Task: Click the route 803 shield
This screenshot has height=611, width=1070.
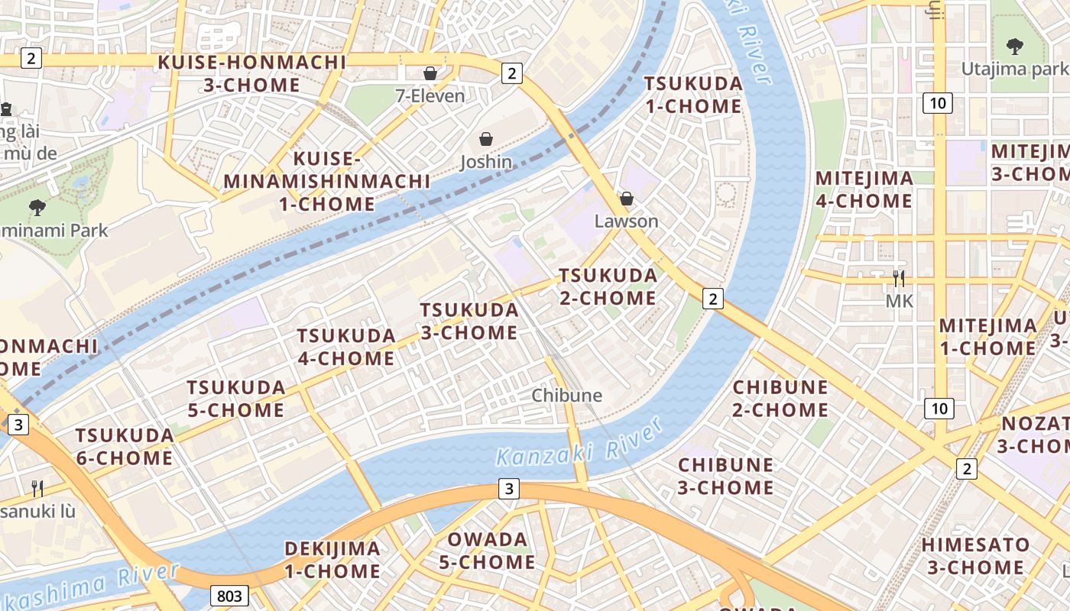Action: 229,596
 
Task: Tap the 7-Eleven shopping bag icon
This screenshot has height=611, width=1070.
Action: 430,73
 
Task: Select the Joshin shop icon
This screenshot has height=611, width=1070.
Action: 485,139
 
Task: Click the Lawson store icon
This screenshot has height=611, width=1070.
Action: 627,199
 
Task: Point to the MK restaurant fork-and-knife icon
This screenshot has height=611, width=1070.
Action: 899,278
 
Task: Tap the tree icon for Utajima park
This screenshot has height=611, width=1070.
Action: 1015,47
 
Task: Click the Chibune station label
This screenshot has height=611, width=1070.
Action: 566,396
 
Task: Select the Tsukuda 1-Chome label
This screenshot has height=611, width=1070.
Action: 693,95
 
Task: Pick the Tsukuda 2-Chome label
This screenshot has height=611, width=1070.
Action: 608,286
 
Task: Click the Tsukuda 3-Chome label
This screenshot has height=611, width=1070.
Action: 469,322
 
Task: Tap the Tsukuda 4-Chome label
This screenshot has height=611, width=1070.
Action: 346,347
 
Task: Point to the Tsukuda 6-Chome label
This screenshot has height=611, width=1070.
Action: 125,447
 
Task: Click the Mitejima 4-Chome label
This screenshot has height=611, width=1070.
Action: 864,189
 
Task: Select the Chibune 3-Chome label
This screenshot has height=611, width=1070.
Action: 726,476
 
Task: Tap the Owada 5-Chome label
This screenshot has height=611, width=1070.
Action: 491,551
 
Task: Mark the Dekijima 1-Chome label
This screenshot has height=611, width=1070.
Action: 332,560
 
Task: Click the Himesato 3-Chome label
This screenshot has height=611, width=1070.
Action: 975,556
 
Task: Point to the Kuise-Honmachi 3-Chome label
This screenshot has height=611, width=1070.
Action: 252,73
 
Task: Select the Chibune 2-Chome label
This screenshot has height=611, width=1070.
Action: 780,398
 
